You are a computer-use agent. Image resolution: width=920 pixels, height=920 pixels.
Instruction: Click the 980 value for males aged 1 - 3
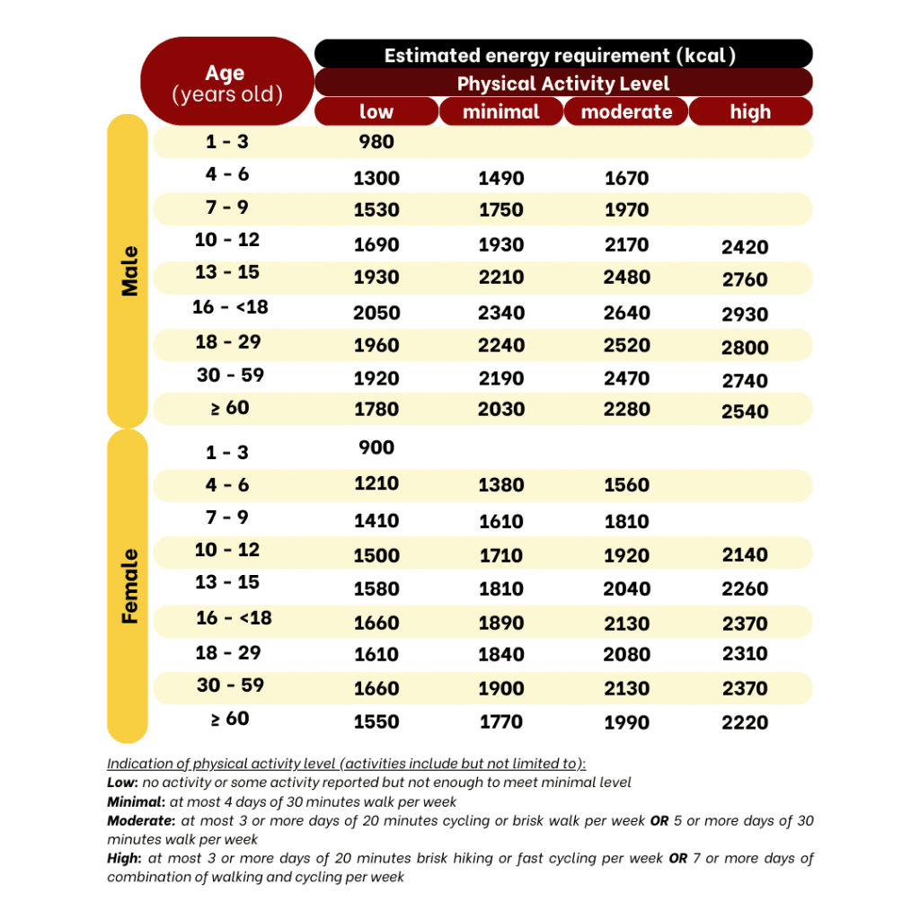pos(376,142)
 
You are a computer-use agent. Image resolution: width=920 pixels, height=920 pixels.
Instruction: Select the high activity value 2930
pos(745,314)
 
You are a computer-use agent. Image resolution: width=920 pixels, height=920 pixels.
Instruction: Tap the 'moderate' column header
pos(626,112)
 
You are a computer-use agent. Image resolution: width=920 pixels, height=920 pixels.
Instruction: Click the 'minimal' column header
pos(500,112)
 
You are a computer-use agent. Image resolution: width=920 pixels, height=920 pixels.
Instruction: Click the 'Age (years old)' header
pos(226,83)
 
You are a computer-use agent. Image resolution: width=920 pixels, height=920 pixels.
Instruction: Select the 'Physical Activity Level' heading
pos(563,84)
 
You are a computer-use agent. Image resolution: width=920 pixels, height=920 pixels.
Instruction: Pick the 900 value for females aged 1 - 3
pos(376,447)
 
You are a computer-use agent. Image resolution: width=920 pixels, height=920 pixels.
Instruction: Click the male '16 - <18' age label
pos(230,307)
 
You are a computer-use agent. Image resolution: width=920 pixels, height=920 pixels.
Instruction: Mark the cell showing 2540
pos(745,411)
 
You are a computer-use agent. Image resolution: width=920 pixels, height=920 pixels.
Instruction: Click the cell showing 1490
pos(500,178)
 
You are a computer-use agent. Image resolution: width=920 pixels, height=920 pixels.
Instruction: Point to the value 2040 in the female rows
pos(626,588)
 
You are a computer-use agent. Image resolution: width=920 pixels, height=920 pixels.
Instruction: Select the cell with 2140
pos(745,555)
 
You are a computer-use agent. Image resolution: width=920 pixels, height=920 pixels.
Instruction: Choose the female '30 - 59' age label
pos(230,686)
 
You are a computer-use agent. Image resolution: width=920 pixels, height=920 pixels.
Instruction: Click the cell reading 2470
pos(626,379)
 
